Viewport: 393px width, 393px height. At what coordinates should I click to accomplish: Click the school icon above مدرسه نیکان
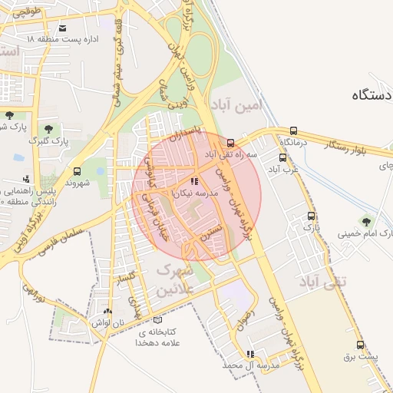tap(193, 182)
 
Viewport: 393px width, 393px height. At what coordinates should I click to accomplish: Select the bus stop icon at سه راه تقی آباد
tap(231, 143)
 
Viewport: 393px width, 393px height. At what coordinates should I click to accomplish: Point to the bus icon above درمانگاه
tap(294, 130)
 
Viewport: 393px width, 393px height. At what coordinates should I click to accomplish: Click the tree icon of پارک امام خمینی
tap(365, 220)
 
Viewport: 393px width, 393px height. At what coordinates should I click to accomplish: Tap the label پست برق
tap(361, 358)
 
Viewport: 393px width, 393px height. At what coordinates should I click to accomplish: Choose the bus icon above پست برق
tap(361, 345)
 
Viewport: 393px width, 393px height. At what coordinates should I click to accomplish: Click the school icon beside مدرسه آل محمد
tap(250, 354)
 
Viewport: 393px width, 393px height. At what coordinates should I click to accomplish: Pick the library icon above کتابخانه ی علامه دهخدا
tap(158, 319)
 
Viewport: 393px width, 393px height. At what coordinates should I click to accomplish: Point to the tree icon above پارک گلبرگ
tap(49, 129)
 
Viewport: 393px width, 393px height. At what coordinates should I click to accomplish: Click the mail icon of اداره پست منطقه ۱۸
tap(62, 28)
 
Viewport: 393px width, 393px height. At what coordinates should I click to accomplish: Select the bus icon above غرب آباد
tap(282, 158)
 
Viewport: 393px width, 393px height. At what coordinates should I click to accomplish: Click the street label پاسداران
tap(187, 135)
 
